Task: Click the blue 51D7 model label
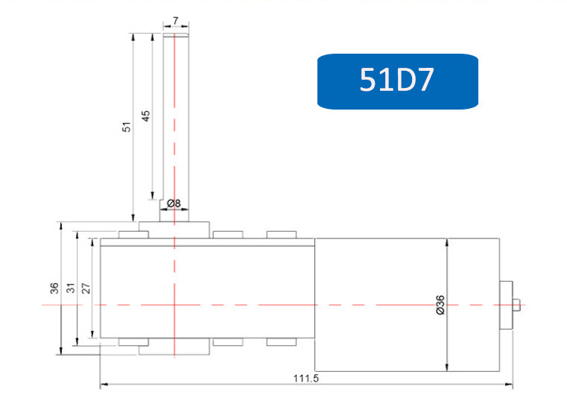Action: [397, 81]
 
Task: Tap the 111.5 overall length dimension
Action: [306, 379]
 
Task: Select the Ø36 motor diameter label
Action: [440, 305]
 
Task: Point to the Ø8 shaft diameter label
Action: [174, 203]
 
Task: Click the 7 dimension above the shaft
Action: [176, 21]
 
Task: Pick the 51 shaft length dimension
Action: [127, 127]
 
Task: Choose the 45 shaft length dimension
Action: [145, 116]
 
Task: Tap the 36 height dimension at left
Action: [54, 288]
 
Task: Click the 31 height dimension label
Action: [72, 288]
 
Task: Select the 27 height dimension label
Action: [86, 288]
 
